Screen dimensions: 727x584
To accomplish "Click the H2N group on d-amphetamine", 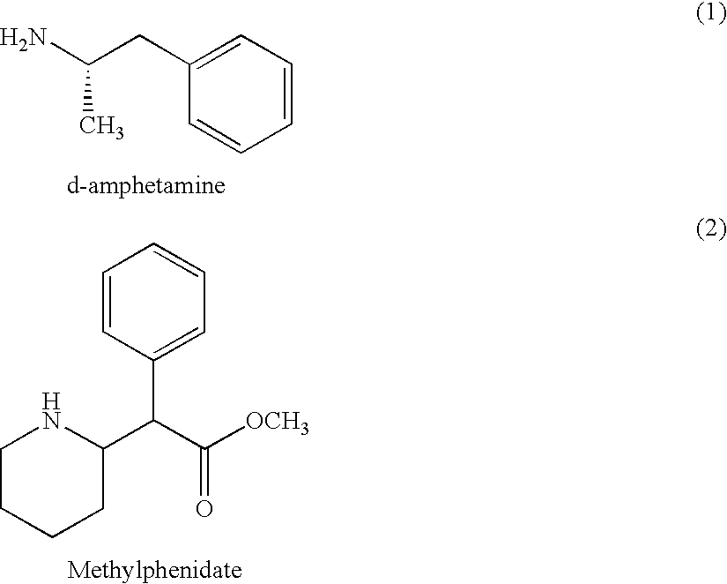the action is coord(23,38).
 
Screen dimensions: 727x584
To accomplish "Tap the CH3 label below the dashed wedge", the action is coord(101,126).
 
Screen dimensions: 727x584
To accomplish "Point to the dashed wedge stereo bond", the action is coord(88,87).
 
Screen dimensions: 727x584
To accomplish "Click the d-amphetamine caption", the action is coord(146,185).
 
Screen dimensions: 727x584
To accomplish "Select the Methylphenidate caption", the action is coord(155,570).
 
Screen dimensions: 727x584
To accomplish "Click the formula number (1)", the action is coord(711,14).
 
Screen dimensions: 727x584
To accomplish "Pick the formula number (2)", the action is coord(711,228).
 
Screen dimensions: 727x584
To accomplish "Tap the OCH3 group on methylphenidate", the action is coord(278,423).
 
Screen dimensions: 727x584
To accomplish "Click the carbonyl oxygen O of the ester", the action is coord(204,508).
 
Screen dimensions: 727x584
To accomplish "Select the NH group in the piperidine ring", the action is coord(51,412).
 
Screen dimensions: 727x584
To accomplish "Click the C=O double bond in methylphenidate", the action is coord(204,472).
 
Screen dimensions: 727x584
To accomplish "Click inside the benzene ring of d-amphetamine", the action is coord(241,94).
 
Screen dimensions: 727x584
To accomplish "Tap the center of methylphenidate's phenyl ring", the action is coord(153,302).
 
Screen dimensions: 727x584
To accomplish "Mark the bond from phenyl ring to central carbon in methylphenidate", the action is coord(153,390).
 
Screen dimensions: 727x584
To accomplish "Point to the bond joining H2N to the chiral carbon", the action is coord(69,54).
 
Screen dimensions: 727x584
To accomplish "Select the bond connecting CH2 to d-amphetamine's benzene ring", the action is coord(164,49).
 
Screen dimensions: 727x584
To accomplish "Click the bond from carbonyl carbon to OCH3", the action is coord(225,438).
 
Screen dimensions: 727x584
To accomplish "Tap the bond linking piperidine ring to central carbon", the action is coord(128,435).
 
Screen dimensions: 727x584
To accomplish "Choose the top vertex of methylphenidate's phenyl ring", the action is coord(153,243).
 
